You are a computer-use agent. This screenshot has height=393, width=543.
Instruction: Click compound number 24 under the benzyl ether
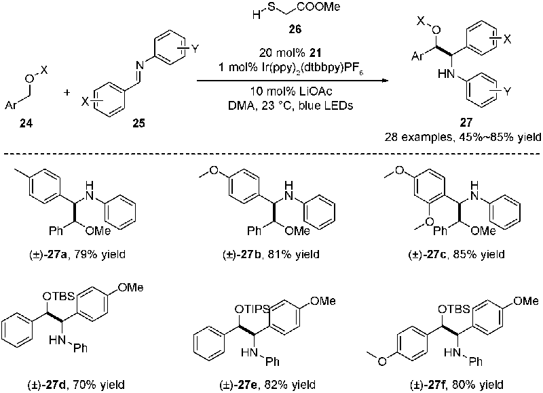[26, 123]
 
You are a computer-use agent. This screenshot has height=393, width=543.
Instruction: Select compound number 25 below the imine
[138, 123]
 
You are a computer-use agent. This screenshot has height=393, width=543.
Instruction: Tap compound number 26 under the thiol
[295, 29]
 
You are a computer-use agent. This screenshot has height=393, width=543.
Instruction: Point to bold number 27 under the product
[466, 122]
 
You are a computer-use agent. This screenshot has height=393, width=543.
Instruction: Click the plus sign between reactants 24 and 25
[67, 92]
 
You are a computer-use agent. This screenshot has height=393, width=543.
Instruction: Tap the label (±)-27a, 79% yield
[77, 255]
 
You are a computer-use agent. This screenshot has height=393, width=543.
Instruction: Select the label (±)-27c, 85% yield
[457, 255]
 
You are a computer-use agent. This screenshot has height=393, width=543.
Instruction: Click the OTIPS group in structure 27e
[251, 309]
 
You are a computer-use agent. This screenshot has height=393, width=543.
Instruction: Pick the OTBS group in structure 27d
[59, 297]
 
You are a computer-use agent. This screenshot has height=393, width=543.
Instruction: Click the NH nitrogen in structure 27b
[288, 192]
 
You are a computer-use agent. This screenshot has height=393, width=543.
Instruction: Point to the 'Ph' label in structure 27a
[56, 230]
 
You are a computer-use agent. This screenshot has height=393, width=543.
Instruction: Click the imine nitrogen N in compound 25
[140, 64]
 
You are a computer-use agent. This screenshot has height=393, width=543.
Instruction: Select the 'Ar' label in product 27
[417, 56]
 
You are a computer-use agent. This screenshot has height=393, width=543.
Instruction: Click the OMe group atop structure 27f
[525, 302]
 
